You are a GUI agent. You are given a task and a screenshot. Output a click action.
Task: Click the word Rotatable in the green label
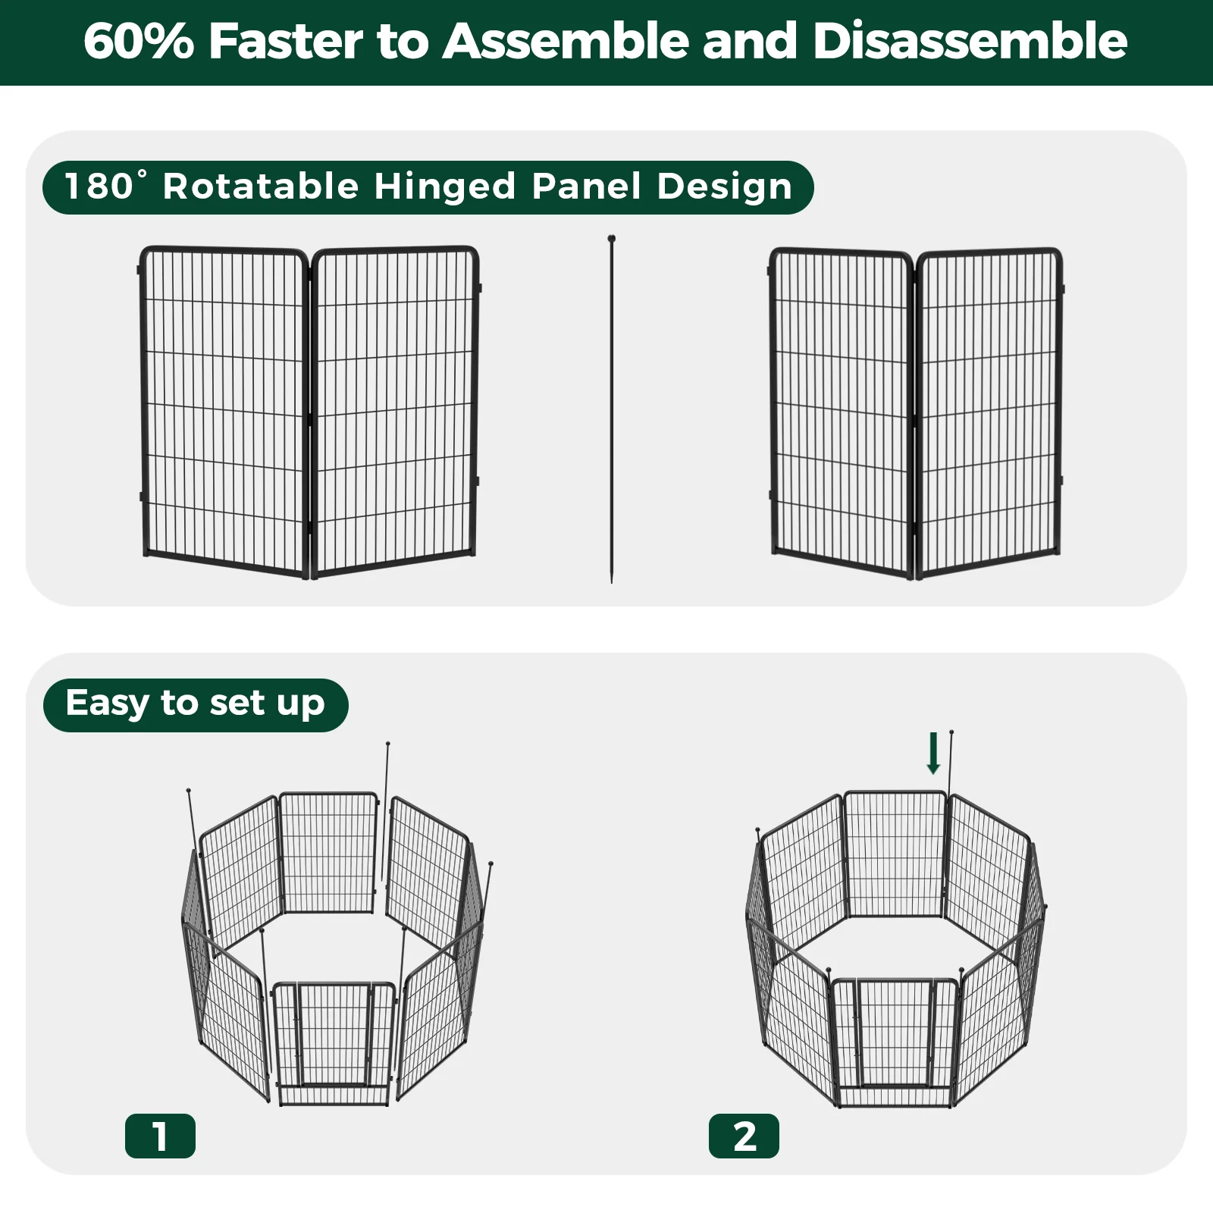tap(260, 186)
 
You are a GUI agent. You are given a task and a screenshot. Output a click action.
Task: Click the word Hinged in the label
tap(444, 186)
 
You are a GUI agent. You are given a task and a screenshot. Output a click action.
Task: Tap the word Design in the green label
tap(724, 186)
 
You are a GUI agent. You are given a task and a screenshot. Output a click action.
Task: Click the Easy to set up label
tap(196, 704)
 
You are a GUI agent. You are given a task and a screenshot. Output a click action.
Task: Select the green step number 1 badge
tap(160, 1136)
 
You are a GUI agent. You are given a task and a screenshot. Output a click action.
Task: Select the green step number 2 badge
tap(744, 1136)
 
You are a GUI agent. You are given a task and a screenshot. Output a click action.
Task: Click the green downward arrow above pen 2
tap(933, 754)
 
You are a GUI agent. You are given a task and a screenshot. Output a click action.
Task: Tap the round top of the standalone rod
tap(611, 239)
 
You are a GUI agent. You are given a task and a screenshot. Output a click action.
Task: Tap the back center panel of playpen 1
tap(328, 853)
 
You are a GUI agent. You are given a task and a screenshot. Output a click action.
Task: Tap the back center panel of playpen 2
tap(895, 853)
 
